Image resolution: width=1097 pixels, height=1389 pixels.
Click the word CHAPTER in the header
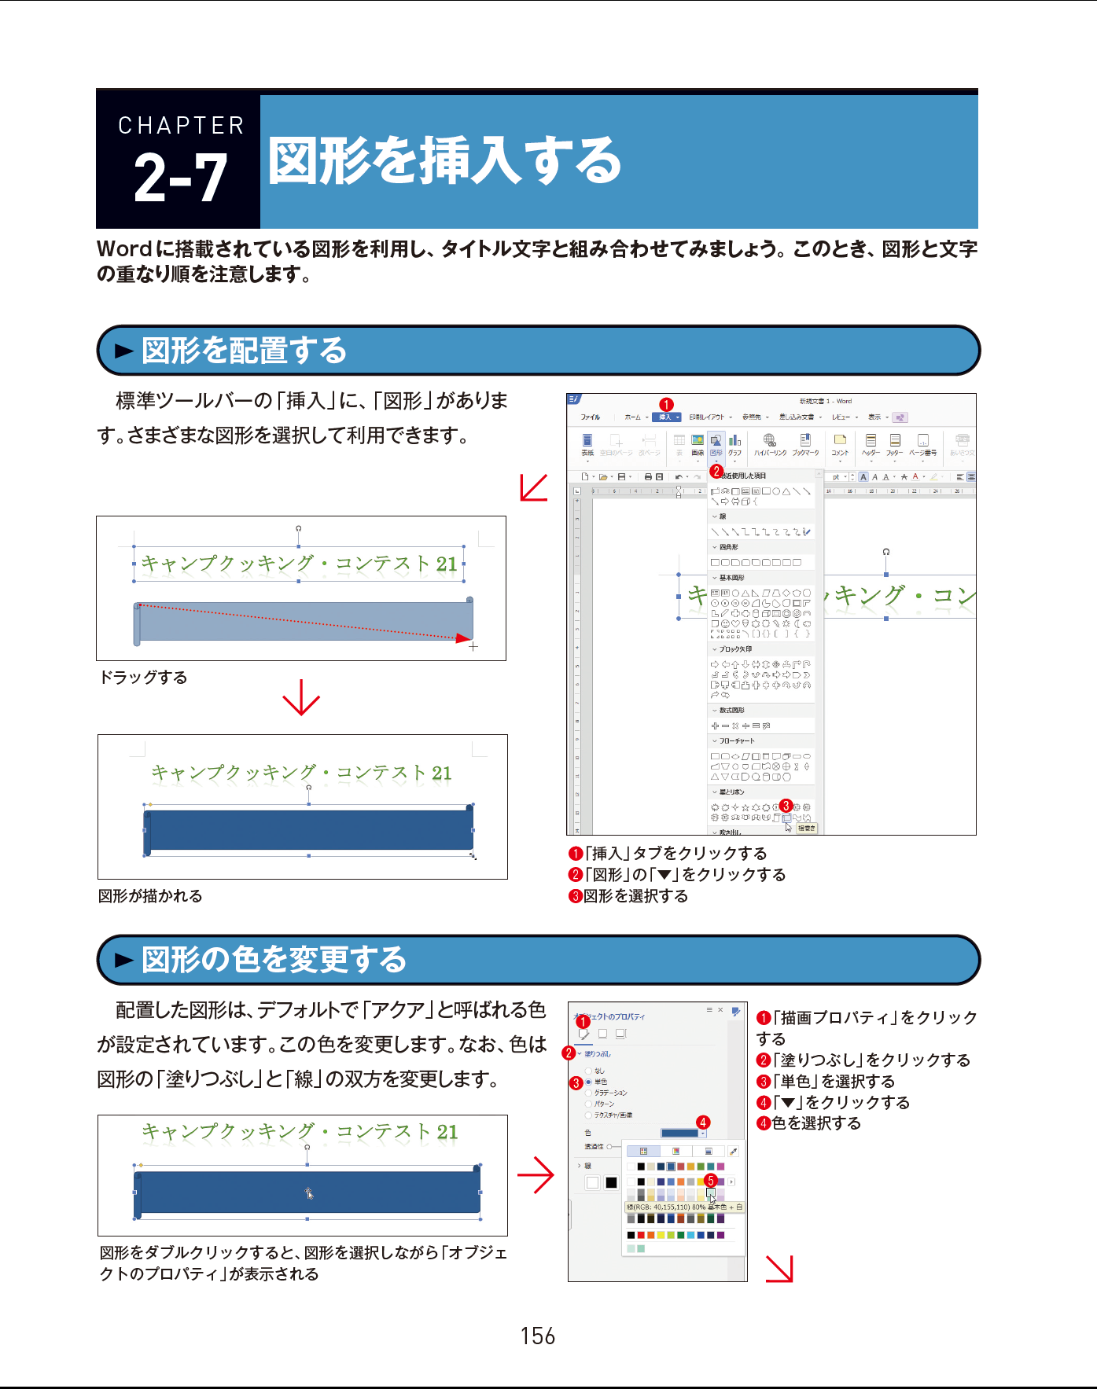coord(181,126)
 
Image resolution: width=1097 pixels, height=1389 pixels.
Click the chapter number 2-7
coord(180,178)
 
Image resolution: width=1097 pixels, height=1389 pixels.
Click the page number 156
coord(538,1336)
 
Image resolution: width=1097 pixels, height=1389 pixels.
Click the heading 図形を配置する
coord(244,351)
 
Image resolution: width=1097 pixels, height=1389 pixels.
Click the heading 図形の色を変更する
coord(274,960)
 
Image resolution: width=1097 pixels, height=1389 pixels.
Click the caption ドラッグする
coord(143,678)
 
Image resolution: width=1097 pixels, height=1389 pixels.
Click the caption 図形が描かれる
coord(150,896)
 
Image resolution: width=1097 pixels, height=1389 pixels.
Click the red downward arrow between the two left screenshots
coord(301,697)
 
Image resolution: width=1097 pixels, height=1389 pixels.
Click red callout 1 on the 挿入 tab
coord(666,405)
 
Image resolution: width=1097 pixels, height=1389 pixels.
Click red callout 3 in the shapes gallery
coord(785,806)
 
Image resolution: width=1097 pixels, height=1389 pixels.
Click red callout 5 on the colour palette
coord(710,1180)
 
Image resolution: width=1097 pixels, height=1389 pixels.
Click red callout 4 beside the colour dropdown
coord(703,1122)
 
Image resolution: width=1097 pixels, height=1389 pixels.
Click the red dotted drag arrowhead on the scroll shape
coord(464,638)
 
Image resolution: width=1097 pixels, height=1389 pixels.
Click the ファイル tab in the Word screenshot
coord(590,417)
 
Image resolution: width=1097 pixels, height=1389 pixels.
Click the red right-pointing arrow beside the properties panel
coord(536,1175)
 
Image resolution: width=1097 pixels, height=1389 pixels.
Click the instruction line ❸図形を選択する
coord(628,896)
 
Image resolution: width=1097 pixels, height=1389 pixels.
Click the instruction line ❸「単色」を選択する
coord(826,1082)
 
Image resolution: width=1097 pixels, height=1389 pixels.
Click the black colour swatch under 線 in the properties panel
coord(611,1183)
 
